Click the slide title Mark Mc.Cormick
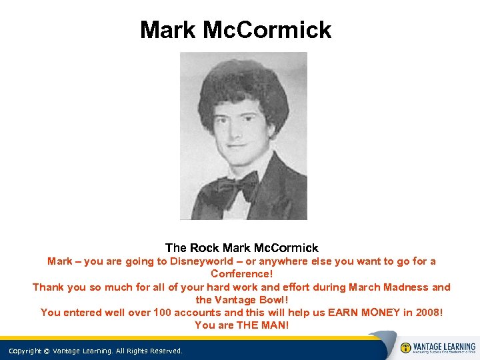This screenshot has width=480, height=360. click(x=235, y=30)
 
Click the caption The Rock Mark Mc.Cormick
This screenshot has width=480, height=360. click(x=241, y=248)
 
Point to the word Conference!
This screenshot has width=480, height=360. click(x=241, y=274)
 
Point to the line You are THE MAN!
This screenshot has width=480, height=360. click(x=241, y=325)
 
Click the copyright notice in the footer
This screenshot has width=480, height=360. click(x=95, y=351)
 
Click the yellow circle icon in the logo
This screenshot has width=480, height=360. click(x=405, y=348)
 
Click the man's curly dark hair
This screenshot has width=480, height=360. click(x=243, y=87)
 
